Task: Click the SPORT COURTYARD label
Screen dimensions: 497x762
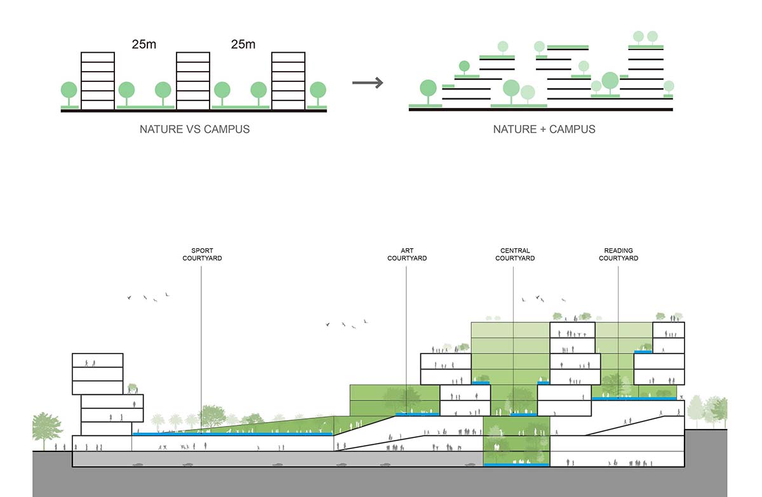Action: [x=202, y=254]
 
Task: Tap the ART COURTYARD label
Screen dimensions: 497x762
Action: [x=407, y=254]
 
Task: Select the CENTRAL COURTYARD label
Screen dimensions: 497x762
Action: [x=514, y=254]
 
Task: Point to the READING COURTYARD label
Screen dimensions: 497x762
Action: [x=618, y=254]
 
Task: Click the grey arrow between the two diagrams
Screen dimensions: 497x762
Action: [x=368, y=83]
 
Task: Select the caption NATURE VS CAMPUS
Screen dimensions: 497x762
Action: [x=194, y=129]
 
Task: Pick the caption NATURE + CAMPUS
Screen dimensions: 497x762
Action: [x=544, y=129]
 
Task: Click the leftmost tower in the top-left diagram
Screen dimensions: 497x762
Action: [x=98, y=81]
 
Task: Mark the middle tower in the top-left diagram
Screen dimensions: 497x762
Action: [x=193, y=81]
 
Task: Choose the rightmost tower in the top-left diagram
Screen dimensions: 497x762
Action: [x=288, y=81]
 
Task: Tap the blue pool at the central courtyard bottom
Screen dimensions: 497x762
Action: [x=516, y=465]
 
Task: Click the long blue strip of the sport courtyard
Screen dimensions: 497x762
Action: [x=232, y=434]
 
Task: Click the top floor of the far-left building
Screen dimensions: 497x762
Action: [x=97, y=361]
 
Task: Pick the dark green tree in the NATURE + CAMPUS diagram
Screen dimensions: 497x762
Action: [x=464, y=65]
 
